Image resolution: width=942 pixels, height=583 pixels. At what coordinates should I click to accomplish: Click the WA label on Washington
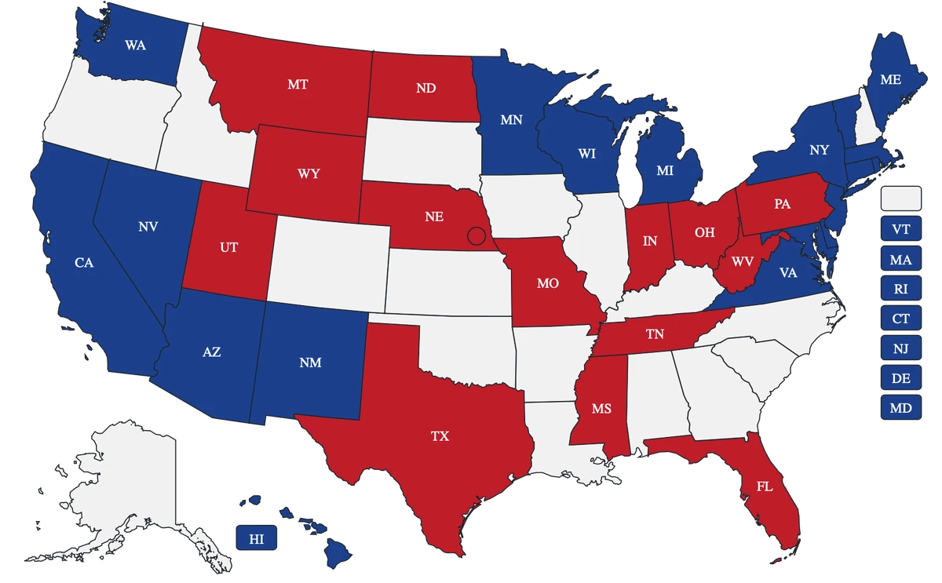click(135, 46)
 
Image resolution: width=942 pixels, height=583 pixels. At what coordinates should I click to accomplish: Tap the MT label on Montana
click(298, 85)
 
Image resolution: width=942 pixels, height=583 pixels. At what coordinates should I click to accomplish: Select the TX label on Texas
click(440, 436)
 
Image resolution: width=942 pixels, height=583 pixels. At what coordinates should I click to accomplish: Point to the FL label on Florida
click(765, 486)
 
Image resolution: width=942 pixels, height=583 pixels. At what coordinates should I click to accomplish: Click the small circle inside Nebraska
click(475, 235)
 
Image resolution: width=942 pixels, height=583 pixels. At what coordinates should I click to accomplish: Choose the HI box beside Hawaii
click(256, 538)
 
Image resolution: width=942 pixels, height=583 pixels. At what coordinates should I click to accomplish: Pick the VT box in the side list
click(901, 229)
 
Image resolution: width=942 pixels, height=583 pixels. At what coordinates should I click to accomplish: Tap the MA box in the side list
click(901, 259)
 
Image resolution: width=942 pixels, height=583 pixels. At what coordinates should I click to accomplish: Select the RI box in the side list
click(901, 289)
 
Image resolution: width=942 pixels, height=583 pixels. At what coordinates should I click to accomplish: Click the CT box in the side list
click(901, 319)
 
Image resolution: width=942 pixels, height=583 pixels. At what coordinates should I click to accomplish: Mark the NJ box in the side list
click(901, 348)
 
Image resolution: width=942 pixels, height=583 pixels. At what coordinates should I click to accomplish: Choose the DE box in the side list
click(901, 378)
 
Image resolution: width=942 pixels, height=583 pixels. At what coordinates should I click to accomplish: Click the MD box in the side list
click(901, 408)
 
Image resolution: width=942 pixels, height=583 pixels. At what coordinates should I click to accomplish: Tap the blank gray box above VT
click(901, 199)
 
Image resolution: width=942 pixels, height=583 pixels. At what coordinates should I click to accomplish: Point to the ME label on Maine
click(890, 79)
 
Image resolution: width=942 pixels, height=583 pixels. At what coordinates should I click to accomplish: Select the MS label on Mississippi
click(601, 409)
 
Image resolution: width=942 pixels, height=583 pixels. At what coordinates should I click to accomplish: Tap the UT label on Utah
click(228, 247)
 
